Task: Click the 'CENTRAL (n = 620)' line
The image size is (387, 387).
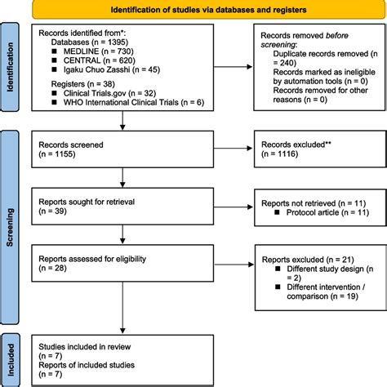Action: (85, 62)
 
